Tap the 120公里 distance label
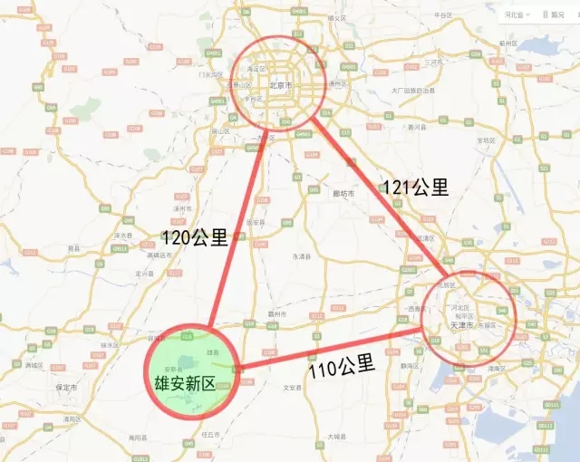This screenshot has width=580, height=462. (195, 237)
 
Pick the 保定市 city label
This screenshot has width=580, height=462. (64, 387)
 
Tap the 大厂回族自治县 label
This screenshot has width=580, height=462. (414, 91)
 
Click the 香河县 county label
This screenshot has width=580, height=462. (419, 129)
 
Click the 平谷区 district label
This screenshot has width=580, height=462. (443, 15)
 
